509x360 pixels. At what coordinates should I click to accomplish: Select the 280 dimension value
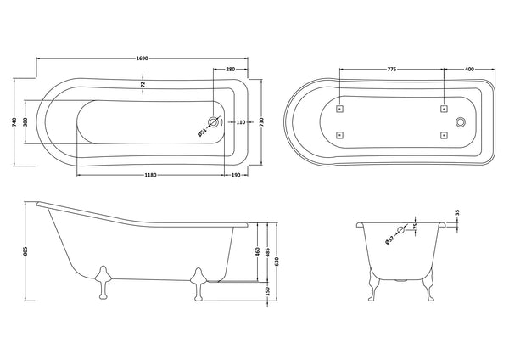click(x=230, y=69)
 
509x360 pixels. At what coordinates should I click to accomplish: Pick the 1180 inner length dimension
click(x=149, y=174)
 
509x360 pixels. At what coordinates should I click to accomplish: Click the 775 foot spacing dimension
click(x=391, y=69)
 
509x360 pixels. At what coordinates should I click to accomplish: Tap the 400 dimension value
click(x=469, y=69)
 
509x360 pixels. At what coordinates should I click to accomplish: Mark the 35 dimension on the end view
click(x=459, y=214)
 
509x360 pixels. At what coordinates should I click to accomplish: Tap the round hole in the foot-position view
click(x=461, y=121)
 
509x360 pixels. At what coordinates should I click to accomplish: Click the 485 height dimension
click(x=266, y=252)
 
